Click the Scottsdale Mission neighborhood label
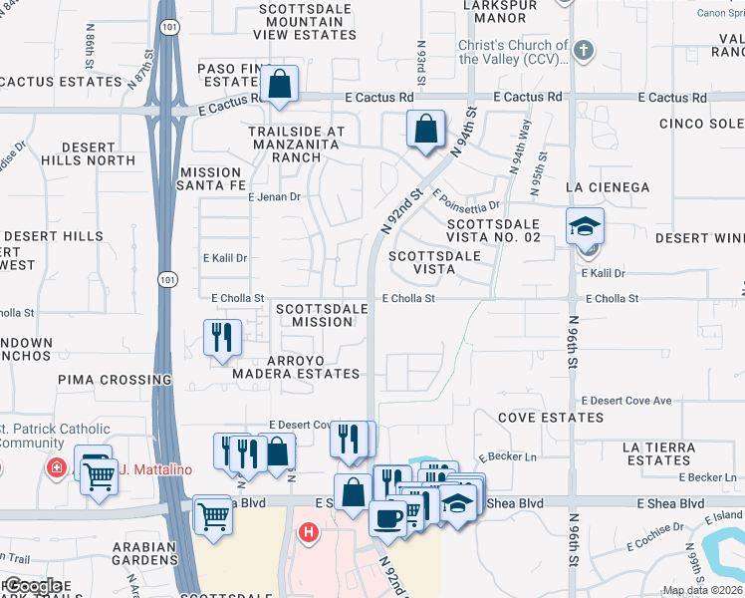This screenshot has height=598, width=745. tap(322, 315)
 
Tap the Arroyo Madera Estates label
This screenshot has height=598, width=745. tap(296, 366)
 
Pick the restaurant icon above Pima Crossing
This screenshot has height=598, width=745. tap(222, 337)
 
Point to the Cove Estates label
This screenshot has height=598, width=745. tap(551, 418)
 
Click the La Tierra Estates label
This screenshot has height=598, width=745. tap(658, 453)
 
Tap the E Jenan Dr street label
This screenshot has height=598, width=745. tap(273, 197)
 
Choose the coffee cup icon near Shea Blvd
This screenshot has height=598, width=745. tap(386, 518)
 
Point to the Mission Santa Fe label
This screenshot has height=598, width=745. tap(210, 178)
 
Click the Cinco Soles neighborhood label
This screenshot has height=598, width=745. tap(701, 124)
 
